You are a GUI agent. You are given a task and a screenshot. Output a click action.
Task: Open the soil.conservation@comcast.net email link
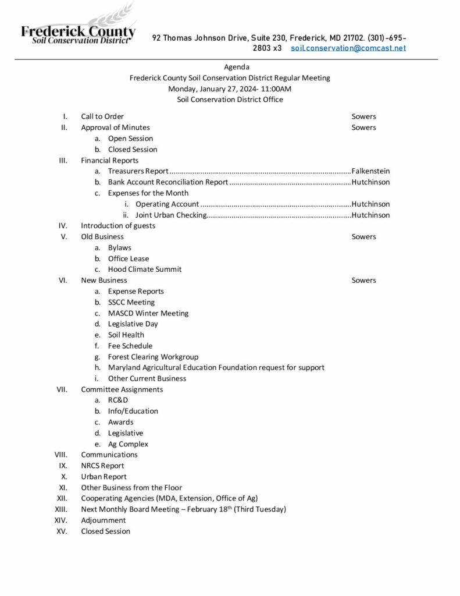[348, 48]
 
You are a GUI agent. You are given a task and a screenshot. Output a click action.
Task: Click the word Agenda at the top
[237, 67]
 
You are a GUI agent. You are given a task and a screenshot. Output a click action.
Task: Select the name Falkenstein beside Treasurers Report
[370, 171]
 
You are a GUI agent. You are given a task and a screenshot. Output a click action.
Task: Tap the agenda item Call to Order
[102, 116]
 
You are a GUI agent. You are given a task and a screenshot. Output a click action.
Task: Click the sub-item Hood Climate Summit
[145, 269]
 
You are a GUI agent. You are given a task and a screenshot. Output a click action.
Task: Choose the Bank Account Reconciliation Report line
[168, 182]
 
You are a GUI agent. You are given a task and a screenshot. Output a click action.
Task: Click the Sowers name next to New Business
[363, 281]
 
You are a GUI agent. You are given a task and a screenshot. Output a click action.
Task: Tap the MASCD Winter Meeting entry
[148, 313]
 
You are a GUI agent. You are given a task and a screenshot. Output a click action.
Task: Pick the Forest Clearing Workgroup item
[153, 357]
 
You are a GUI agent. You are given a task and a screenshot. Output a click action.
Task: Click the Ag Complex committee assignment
[128, 444]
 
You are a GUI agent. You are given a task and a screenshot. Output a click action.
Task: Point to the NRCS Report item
[102, 466]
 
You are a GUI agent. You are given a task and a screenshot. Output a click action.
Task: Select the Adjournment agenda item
[104, 520]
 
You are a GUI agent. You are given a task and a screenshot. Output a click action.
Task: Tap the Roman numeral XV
[62, 531]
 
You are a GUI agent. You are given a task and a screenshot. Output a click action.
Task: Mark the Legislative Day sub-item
[133, 324]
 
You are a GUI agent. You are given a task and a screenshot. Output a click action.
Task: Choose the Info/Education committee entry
[133, 411]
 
